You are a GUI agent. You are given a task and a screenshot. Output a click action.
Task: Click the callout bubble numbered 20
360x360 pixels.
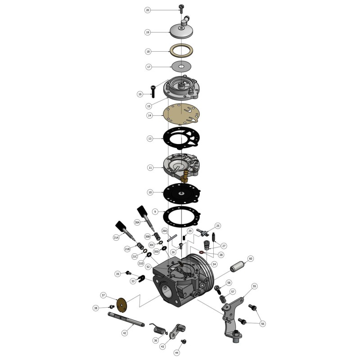147,10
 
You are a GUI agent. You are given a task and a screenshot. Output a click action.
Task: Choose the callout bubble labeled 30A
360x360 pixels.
137,222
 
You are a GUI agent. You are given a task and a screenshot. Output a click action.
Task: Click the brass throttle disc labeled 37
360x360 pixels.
121,304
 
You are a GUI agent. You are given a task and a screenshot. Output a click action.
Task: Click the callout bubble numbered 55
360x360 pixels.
254,286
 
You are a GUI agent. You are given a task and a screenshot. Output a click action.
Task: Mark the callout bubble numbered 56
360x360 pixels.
263,323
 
